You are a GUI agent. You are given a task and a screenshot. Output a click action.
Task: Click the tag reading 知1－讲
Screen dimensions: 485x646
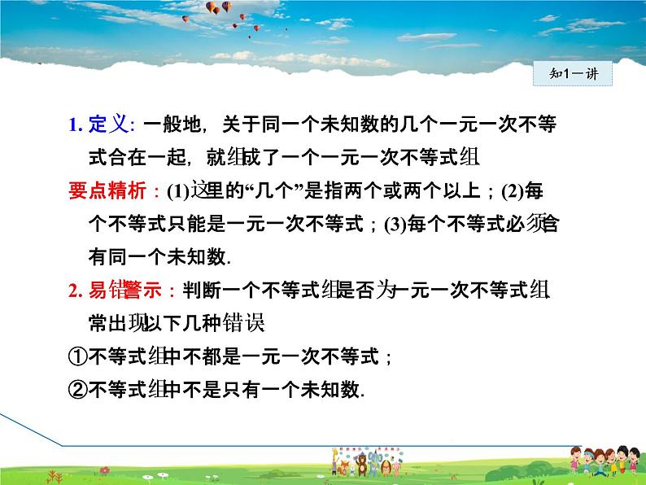pos(575,74)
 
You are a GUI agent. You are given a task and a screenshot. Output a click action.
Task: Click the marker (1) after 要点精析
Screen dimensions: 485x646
pos(177,193)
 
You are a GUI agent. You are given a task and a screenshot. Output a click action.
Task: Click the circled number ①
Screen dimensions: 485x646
pos(77,356)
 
